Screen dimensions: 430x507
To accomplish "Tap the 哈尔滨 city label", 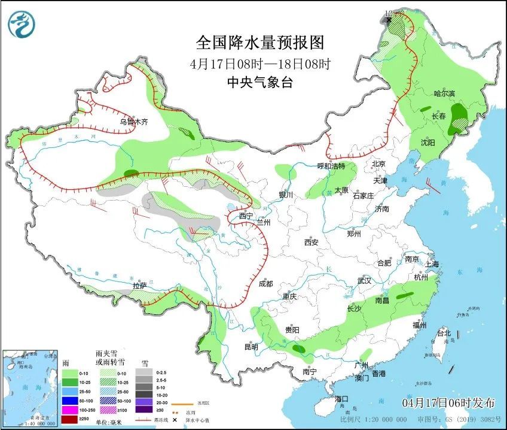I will click(x=444, y=94).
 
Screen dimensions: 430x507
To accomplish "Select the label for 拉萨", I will click(x=139, y=286).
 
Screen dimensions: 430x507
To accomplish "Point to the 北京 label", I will click(x=379, y=164).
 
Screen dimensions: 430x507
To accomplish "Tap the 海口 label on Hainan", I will click(x=341, y=399).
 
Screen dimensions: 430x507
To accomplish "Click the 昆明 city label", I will click(x=251, y=347).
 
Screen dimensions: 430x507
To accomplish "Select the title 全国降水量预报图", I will click(x=260, y=43).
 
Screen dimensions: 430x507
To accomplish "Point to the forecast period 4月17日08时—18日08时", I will click(x=260, y=63).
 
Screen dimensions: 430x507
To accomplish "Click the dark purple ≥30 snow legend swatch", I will click(x=143, y=410).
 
